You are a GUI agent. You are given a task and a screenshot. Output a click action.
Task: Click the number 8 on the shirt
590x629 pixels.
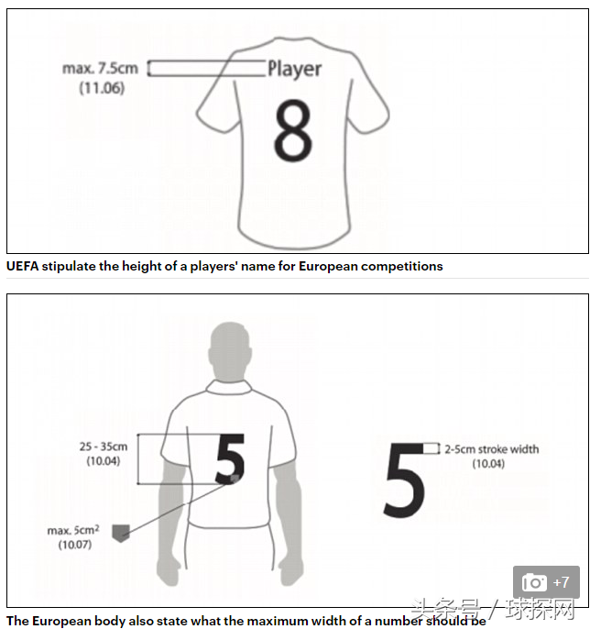[x=292, y=130]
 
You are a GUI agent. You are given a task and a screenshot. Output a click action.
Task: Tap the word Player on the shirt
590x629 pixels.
[x=295, y=69]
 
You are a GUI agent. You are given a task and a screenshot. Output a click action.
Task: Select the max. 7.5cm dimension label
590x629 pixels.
[x=100, y=68]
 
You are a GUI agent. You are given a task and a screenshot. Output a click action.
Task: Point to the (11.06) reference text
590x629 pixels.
[x=102, y=88]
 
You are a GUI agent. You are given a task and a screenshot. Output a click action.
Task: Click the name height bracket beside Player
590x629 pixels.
[x=206, y=68]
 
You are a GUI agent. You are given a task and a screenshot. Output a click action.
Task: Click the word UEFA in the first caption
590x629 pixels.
[x=22, y=266]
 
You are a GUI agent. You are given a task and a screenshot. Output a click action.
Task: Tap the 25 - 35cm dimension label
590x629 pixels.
[x=104, y=447]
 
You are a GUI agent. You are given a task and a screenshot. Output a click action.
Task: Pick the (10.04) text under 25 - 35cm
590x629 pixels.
[x=104, y=461]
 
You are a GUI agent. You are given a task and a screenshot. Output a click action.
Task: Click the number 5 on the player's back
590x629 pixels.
[x=230, y=458]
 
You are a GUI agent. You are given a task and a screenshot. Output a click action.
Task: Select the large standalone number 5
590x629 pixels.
[x=404, y=480]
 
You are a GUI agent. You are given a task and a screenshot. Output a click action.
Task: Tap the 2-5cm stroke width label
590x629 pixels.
[x=492, y=449]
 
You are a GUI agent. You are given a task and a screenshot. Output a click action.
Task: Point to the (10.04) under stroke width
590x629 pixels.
[x=488, y=464]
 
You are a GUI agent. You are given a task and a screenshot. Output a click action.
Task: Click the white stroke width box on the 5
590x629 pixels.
[x=432, y=449]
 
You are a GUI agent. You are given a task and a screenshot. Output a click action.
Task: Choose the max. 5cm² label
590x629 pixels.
[x=73, y=530]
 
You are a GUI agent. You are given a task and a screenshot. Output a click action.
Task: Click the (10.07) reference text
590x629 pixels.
[x=75, y=545]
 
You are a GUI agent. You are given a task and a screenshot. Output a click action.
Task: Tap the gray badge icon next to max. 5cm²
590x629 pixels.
[x=121, y=533]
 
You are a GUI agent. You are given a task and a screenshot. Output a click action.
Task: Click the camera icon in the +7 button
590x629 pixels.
[x=534, y=582]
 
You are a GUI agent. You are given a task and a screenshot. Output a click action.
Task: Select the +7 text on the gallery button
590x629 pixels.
[x=561, y=582]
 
